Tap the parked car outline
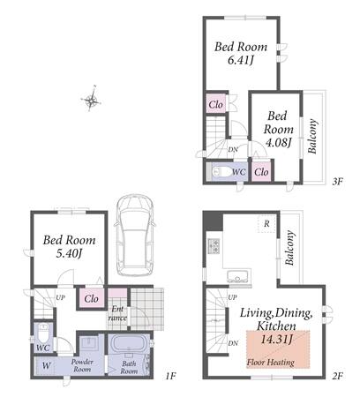click(135, 235)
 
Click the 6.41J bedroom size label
click(241, 61)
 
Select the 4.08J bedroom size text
click(278, 143)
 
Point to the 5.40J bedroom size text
click(69, 253)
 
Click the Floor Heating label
click(271, 363)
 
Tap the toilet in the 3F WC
click(220, 172)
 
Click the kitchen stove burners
click(214, 246)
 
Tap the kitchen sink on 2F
click(239, 277)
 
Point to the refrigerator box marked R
click(266, 224)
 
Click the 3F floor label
click(338, 182)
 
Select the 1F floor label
click(170, 376)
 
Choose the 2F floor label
click(337, 376)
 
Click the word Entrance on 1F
click(117, 313)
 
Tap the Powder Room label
click(82, 365)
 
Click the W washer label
click(46, 365)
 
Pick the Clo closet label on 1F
click(91, 299)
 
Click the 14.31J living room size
click(276, 340)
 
